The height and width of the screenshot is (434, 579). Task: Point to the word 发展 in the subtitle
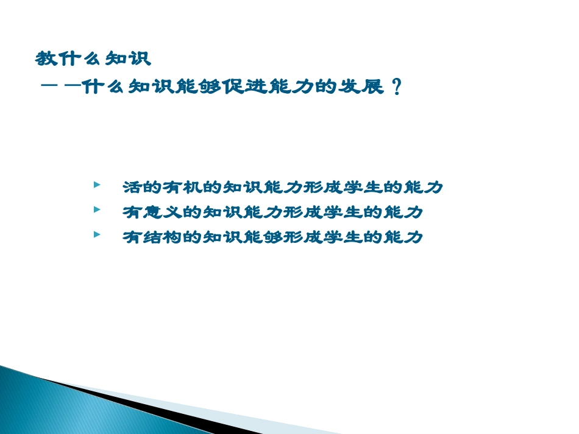coord(363,88)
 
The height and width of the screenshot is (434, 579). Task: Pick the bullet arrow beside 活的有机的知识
coord(97,184)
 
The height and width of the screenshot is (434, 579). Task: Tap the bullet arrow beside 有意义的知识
coord(97,209)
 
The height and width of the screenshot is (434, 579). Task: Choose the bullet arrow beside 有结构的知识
coord(97,234)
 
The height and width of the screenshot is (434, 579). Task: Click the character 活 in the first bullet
coord(131,187)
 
